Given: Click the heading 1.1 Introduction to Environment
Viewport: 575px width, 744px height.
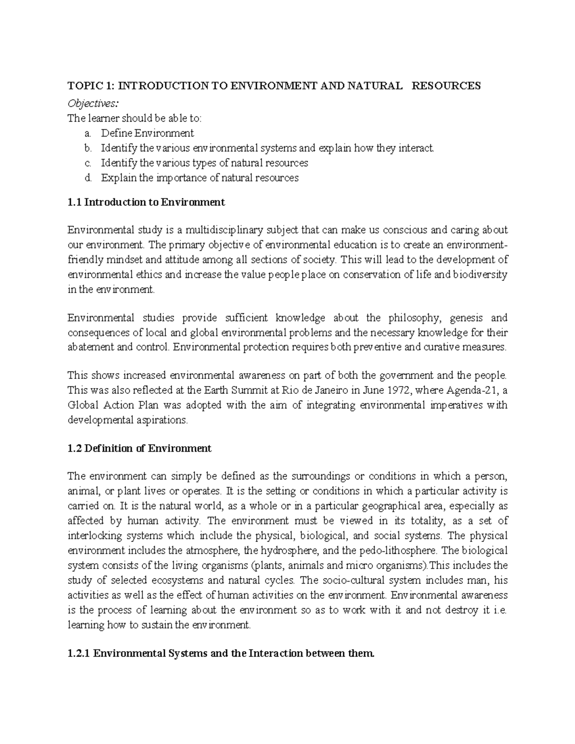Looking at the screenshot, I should [146, 202].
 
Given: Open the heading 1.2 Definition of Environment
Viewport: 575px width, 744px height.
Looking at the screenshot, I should [139, 448].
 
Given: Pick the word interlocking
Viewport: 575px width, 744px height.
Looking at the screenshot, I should [93, 535].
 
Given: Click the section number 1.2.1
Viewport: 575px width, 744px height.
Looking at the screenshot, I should [79, 653].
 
